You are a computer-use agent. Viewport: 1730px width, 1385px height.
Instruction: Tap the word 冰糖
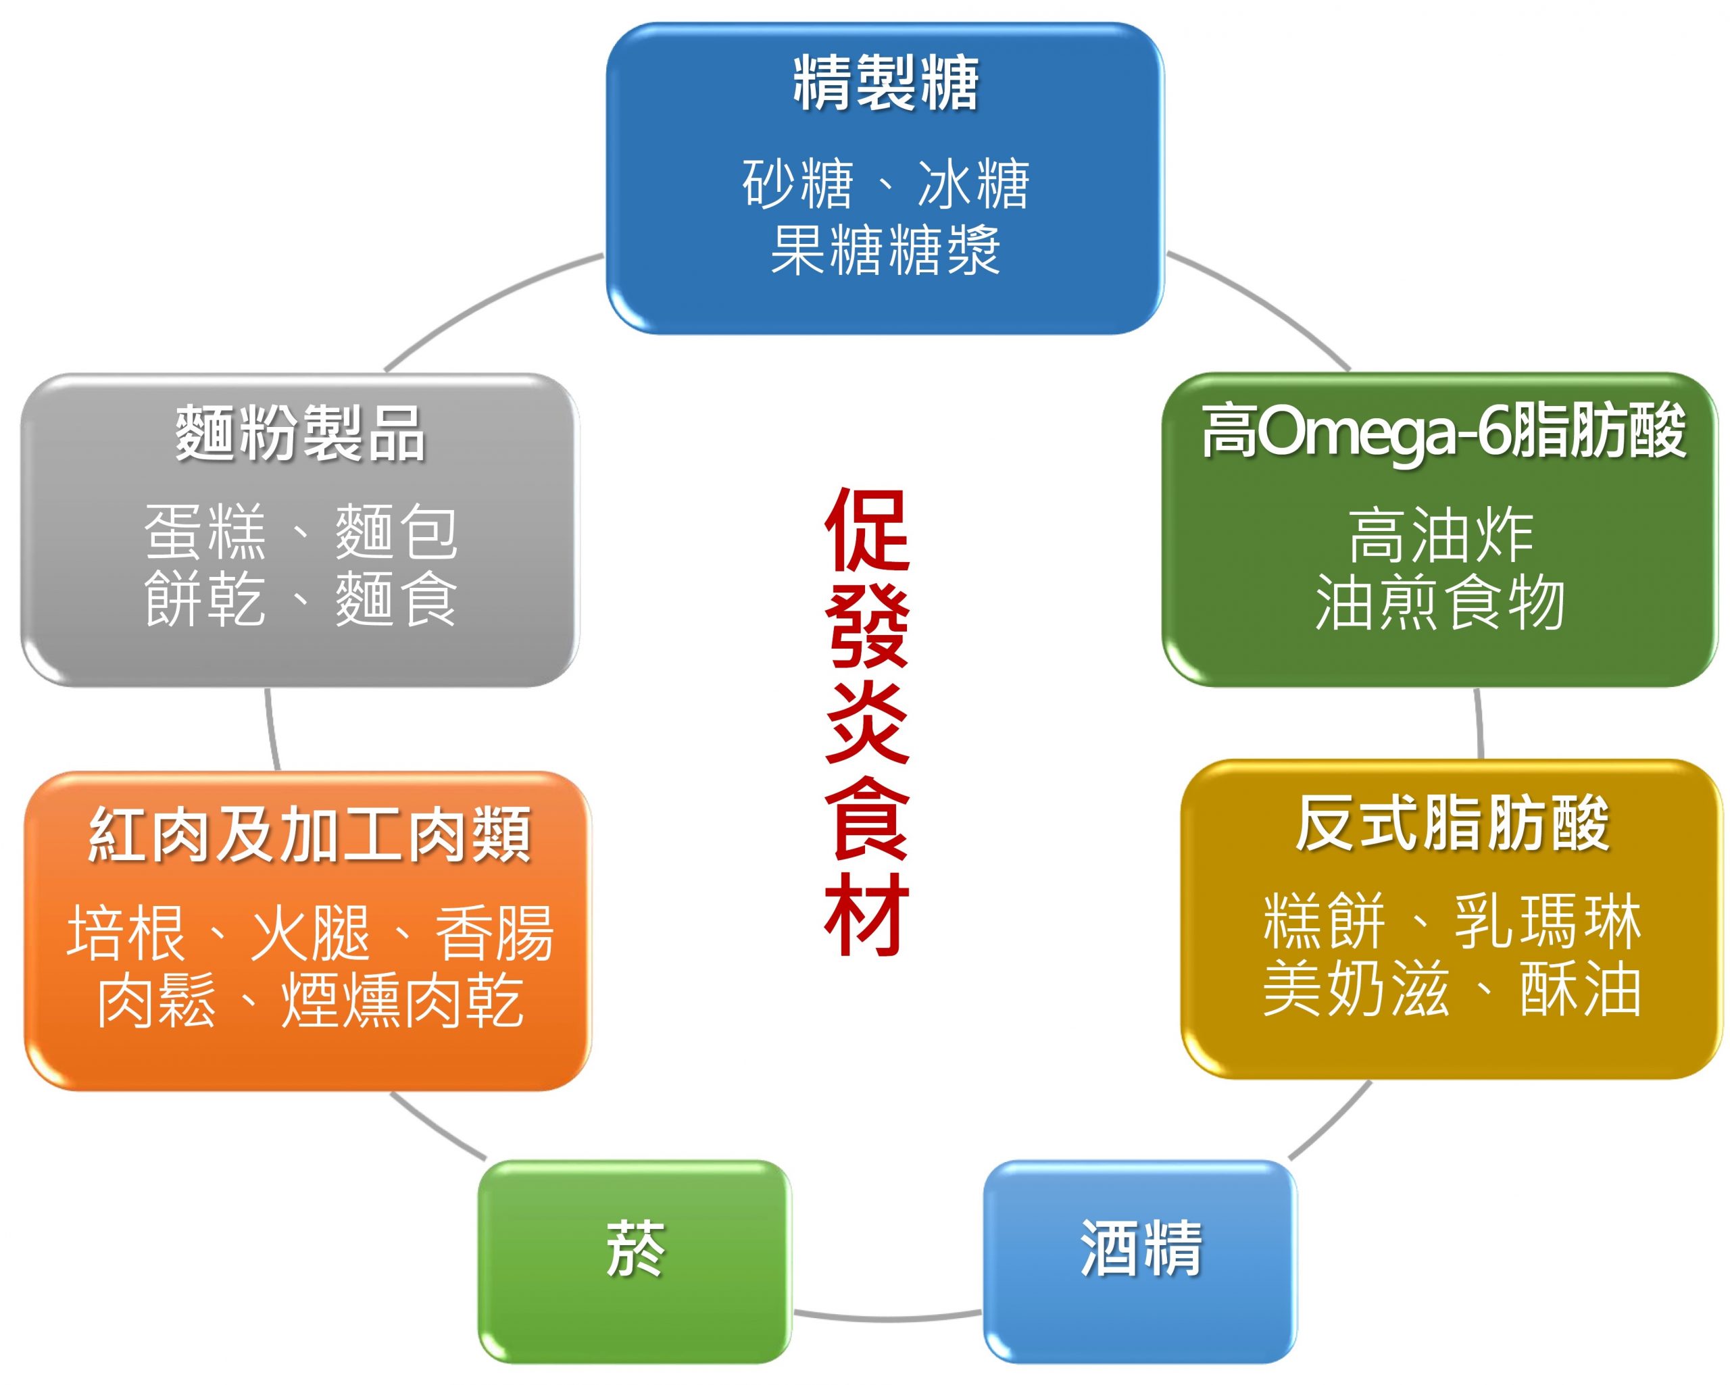(972, 184)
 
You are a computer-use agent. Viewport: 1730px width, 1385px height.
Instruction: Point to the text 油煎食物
(1440, 602)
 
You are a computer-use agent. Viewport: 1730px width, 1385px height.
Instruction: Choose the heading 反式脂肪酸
(1452, 824)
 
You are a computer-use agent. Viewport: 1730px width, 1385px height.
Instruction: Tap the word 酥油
(1580, 988)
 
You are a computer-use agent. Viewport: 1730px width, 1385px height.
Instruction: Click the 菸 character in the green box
(635, 1249)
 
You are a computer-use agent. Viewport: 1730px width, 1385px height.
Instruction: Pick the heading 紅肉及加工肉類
(309, 834)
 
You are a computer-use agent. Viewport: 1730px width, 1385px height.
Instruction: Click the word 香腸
(493, 933)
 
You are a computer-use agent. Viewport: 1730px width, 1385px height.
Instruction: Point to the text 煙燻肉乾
(402, 1000)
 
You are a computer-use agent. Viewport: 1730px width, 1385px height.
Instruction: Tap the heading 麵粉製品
(300, 433)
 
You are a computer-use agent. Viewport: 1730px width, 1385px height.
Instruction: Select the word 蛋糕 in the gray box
(204, 532)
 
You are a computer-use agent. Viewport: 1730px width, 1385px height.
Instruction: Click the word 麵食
(395, 598)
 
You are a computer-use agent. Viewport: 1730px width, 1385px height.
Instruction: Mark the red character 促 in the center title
(866, 530)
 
